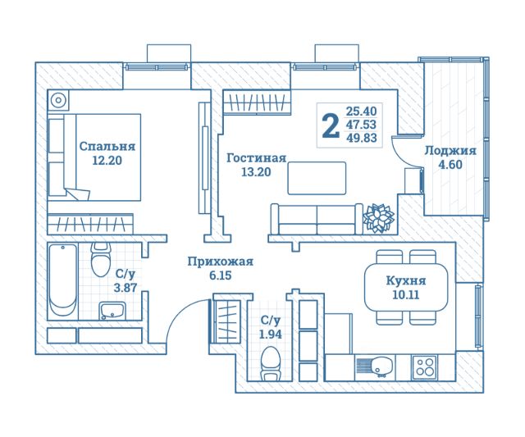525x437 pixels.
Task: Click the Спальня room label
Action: click(107, 147)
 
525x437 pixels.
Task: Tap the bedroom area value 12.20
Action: click(107, 161)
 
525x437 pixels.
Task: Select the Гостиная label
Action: click(257, 158)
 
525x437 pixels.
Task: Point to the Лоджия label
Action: click(450, 151)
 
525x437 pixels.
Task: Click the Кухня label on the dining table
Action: click(406, 280)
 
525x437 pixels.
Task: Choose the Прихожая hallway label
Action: click(221, 262)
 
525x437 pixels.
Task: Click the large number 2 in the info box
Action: click(331, 125)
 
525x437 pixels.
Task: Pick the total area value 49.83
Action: click(361, 138)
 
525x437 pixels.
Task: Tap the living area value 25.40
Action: click(361, 111)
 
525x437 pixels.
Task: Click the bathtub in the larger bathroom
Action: click(62, 280)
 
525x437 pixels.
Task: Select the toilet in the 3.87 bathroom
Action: click(101, 260)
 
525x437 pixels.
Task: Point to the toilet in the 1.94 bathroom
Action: click(270, 364)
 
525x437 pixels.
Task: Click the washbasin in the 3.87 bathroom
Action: click(112, 311)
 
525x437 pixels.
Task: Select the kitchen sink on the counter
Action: click(376, 366)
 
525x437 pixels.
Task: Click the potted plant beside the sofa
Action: click(379, 217)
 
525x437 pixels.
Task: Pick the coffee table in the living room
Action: click(317, 178)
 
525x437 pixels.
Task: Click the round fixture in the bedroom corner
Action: click(58, 100)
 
